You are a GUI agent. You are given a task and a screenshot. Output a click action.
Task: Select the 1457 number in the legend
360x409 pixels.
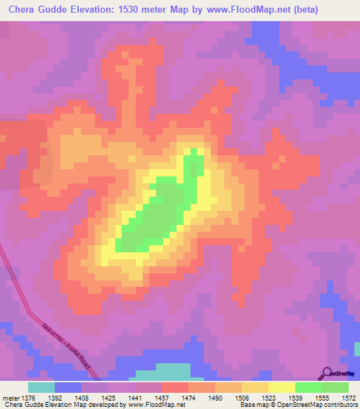pyautogui.click(x=161, y=398)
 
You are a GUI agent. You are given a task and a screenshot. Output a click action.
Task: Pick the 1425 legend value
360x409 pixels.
pyautogui.click(x=108, y=398)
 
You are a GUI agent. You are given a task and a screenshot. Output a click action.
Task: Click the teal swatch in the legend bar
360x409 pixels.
pyautogui.click(x=41, y=387)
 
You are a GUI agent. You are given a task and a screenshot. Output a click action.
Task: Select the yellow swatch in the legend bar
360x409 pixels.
pyautogui.click(x=282, y=387)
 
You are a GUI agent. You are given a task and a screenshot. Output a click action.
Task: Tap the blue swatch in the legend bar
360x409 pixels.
pyautogui.click(x=68, y=387)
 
